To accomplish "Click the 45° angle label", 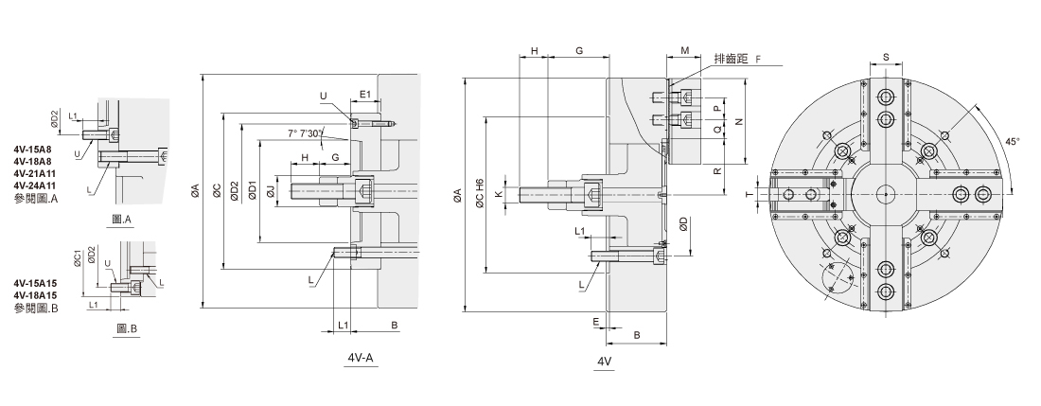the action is point(1013,142).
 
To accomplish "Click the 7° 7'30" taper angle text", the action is point(306,133).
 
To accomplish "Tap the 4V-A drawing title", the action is point(362,358).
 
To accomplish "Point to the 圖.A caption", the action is point(123,220).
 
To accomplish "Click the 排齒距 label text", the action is point(730,59).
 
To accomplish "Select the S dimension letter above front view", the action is point(886,57).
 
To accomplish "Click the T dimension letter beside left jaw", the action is point(749,194).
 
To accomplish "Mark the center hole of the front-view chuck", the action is point(885,194).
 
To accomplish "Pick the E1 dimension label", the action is point(365,95).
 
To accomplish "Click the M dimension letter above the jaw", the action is point(686,51).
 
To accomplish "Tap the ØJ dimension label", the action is point(271,192).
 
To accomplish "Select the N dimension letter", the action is point(737,121).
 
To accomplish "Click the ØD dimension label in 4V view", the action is point(684,225).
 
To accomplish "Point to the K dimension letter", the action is point(498,194).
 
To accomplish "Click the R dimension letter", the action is point(717,170).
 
